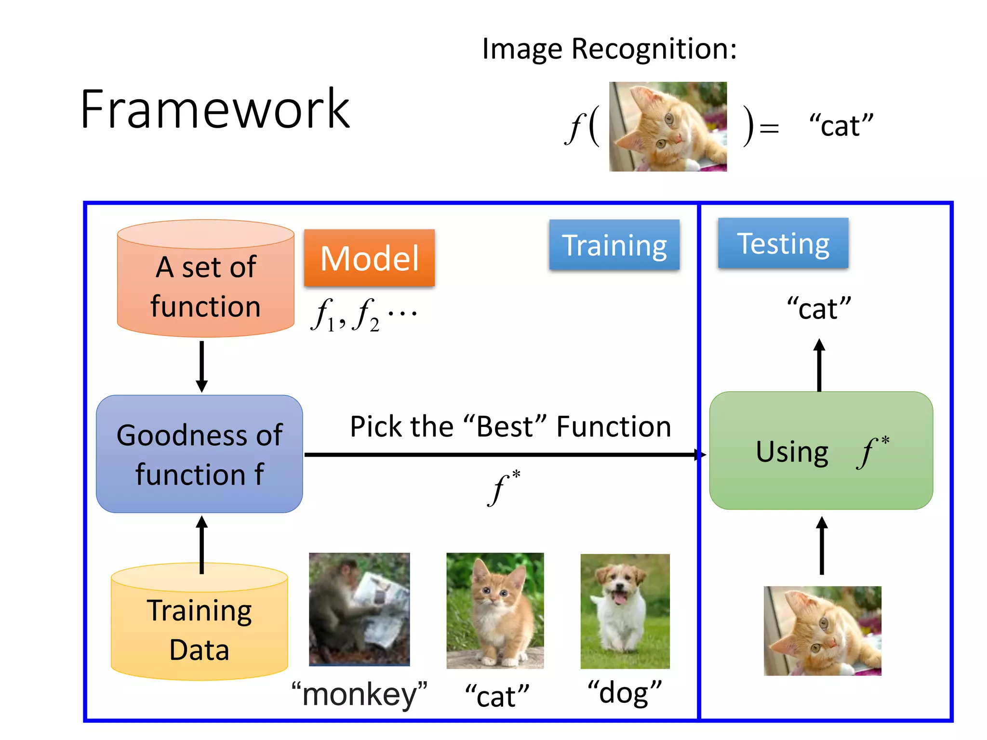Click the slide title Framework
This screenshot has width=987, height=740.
click(x=215, y=110)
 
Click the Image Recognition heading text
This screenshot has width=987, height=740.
click(x=609, y=49)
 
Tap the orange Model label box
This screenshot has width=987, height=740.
click(x=369, y=258)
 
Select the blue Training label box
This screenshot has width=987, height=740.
click(x=614, y=245)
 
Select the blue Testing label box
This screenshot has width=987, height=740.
click(x=783, y=243)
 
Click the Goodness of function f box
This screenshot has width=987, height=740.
click(x=200, y=454)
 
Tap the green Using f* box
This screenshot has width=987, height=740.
click(x=821, y=451)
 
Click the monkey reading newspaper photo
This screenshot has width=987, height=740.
click(x=360, y=609)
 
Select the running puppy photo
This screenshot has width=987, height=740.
click(x=625, y=611)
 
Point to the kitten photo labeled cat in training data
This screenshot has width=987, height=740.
click(x=495, y=610)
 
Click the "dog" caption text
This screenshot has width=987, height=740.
click(x=625, y=693)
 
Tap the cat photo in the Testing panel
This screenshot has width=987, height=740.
click(x=822, y=630)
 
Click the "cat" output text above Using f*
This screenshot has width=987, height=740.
click(x=819, y=309)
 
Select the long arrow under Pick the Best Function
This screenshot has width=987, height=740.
click(x=501, y=454)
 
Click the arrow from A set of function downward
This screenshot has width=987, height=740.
click(x=202, y=366)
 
